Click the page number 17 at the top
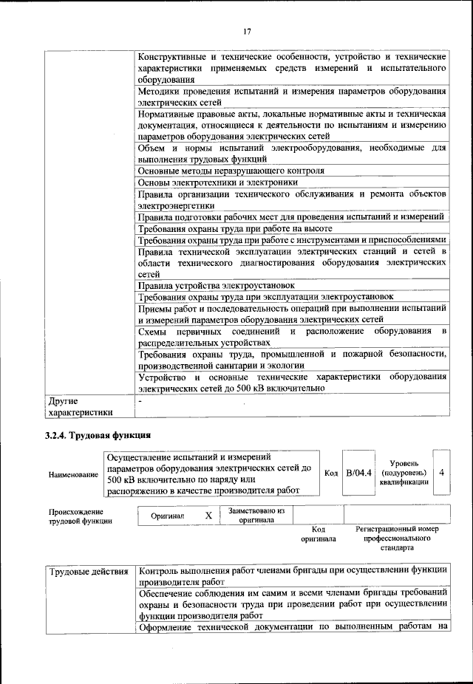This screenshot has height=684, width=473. tap(247, 30)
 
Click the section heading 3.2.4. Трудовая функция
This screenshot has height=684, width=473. tap(98, 435)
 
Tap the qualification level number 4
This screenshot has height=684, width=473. tap(441, 471)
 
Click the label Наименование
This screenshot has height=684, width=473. tap(73, 476)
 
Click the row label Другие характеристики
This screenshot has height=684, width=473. tap(79, 407)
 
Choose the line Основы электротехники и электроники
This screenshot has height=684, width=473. tap(218, 182)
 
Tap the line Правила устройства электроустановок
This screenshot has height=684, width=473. tap(217, 284)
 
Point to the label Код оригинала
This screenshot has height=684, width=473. tap(319, 534)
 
